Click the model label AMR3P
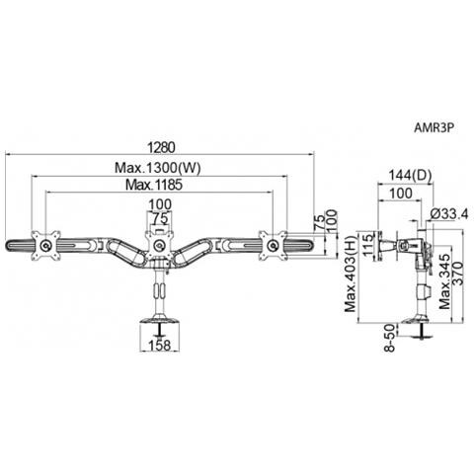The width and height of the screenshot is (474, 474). [x=434, y=127]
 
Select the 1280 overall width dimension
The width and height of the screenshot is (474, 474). [x=161, y=147]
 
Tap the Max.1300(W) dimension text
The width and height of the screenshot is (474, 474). [x=157, y=168]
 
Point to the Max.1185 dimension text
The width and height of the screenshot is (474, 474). [x=154, y=185]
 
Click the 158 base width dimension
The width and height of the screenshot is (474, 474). [x=160, y=346]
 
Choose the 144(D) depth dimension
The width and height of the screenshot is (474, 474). [x=410, y=176]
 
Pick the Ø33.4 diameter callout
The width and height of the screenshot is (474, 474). [x=449, y=214]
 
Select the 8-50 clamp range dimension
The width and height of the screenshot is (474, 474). [x=389, y=338]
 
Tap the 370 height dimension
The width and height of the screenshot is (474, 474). [x=458, y=273]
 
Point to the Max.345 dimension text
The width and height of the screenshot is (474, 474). [x=444, y=281]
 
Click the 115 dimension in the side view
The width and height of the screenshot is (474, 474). [x=367, y=244]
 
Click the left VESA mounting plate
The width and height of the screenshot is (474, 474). [x=45, y=246]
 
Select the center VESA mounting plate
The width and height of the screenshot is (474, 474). [x=160, y=245]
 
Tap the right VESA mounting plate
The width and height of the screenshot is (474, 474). [x=273, y=246]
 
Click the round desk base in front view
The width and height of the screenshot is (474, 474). [x=160, y=319]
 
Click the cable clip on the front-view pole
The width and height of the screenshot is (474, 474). [x=160, y=291]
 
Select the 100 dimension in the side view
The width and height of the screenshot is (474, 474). [x=400, y=194]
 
